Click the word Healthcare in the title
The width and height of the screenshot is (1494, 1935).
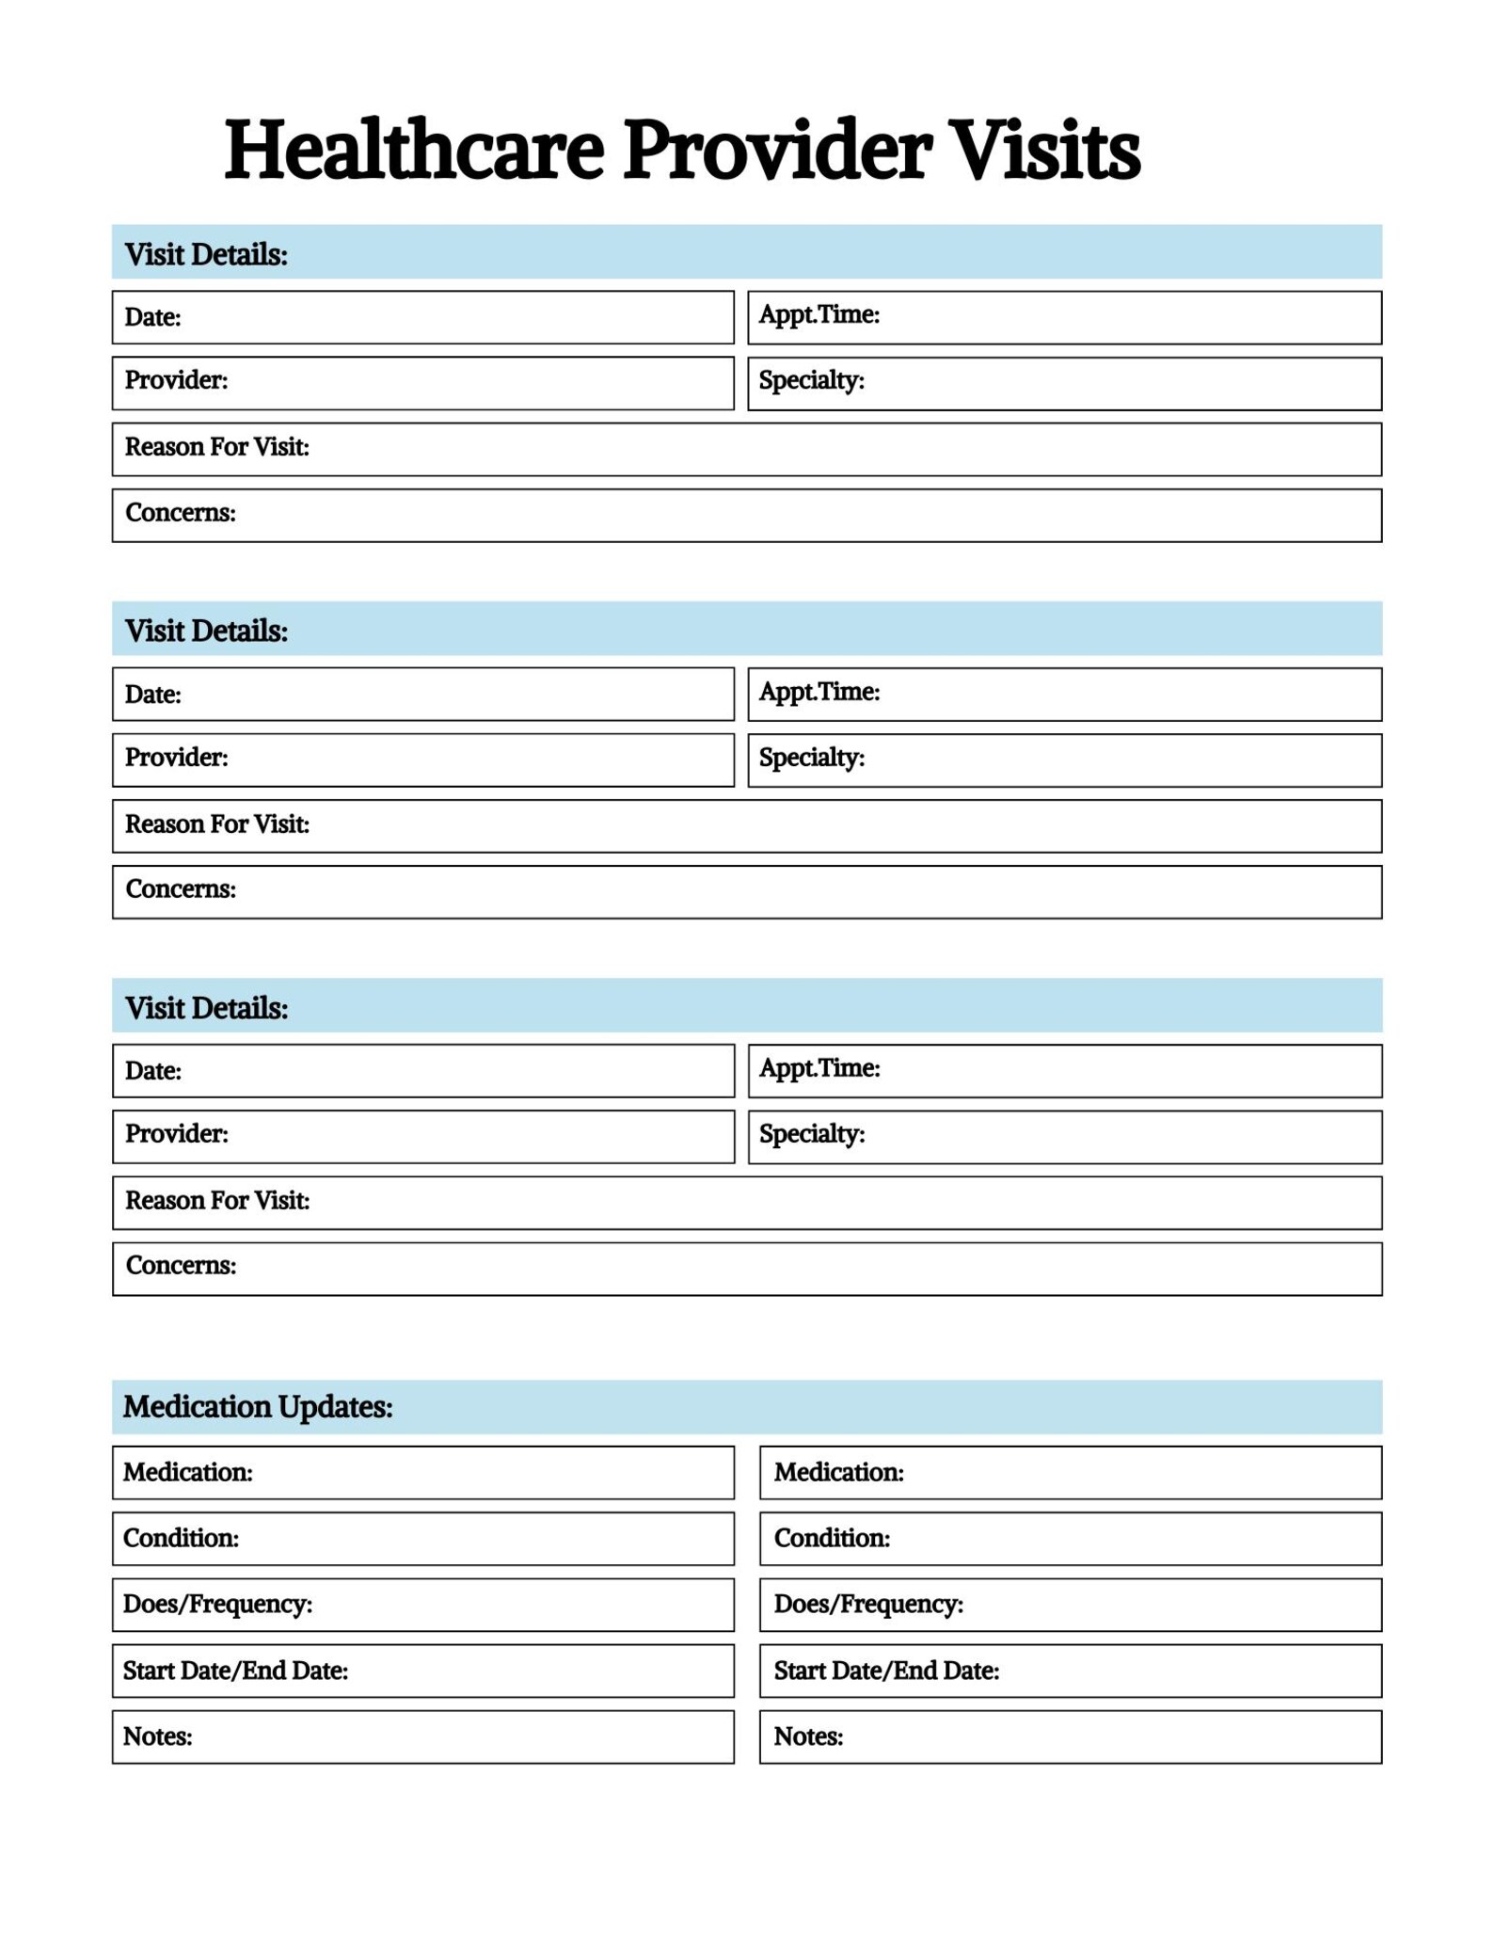tap(414, 151)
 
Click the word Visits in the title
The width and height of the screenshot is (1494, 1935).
tap(1045, 151)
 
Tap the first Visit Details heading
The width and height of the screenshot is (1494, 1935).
tap(206, 254)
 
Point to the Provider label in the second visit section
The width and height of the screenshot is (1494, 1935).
tap(176, 758)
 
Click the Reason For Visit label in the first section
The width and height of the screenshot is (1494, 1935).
tap(216, 447)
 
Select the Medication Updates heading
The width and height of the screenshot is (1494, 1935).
tap(258, 1406)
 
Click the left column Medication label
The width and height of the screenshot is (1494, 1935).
tap(187, 1472)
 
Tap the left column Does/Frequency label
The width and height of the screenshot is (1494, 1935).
tap(217, 1604)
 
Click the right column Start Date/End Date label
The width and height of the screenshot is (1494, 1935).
tap(885, 1671)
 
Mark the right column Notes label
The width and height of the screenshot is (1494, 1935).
tap(807, 1736)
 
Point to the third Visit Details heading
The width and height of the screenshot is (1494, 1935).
tap(206, 1008)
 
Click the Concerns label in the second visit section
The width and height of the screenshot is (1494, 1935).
tap(180, 889)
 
